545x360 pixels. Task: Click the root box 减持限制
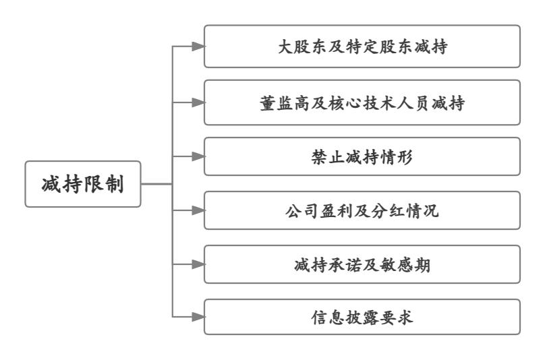click(83, 183)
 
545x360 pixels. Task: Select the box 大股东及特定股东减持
click(362, 47)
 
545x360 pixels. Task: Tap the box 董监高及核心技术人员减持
click(362, 102)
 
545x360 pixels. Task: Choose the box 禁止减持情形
click(362, 156)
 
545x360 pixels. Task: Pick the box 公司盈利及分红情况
click(362, 210)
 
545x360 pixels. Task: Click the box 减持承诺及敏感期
click(362, 264)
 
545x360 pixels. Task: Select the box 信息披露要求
click(362, 316)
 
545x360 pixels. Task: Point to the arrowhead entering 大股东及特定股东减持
click(198, 47)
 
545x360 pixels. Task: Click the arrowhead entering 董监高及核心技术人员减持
click(198, 102)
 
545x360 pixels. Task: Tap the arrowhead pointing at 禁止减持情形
click(198, 156)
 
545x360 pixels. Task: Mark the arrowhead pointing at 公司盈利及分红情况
click(198, 210)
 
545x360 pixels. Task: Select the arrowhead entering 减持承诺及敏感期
click(198, 264)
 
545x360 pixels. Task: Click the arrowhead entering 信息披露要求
click(198, 316)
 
